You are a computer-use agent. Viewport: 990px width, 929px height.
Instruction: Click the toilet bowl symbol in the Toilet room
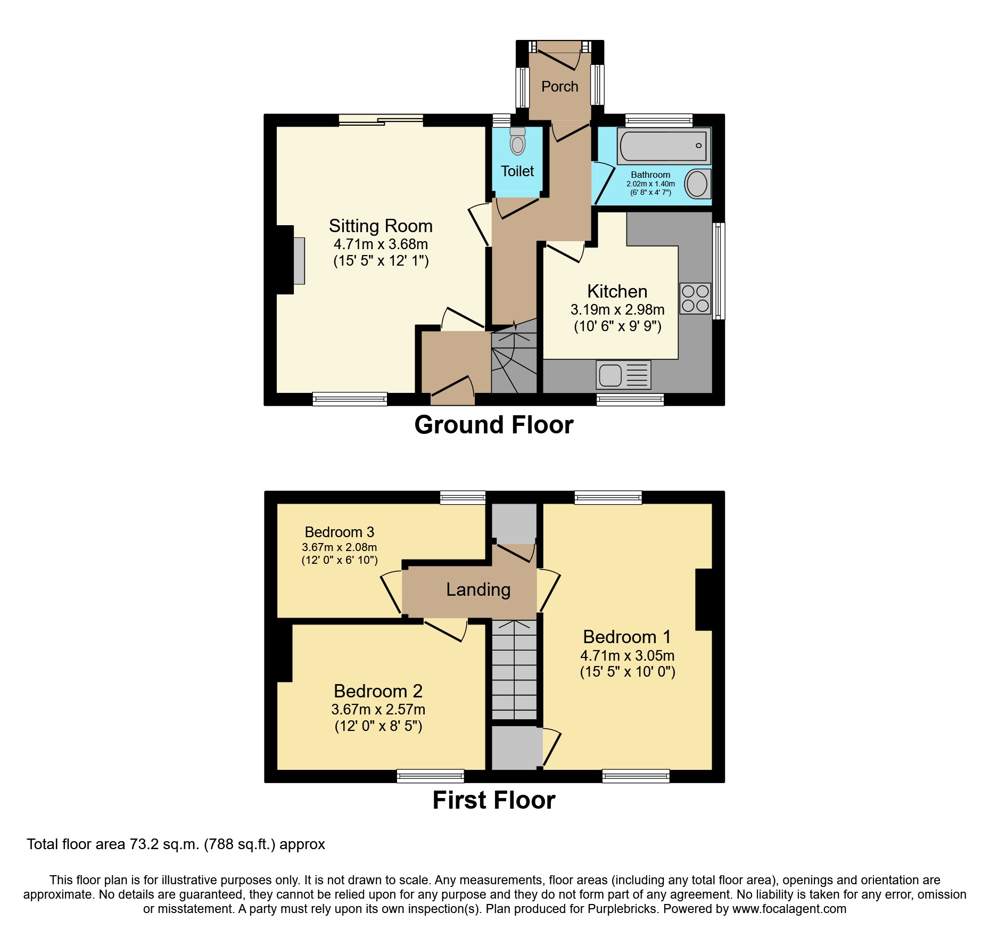click(x=517, y=143)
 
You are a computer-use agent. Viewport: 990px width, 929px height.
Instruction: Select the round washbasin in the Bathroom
click(x=697, y=184)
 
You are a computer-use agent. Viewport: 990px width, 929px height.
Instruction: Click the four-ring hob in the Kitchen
click(x=695, y=298)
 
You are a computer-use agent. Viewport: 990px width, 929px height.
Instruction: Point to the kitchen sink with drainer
click(x=623, y=375)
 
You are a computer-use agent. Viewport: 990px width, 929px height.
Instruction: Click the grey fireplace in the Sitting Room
click(x=299, y=260)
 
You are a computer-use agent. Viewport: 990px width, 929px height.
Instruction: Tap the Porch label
click(x=559, y=86)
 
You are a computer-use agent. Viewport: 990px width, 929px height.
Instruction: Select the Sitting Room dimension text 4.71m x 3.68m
click(x=381, y=244)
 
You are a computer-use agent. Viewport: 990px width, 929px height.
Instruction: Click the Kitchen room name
click(x=617, y=291)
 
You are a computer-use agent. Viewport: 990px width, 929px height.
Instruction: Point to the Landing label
click(x=478, y=589)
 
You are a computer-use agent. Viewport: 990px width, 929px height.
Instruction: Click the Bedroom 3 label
click(x=339, y=532)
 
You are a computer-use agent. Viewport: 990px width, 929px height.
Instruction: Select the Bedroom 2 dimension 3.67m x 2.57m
click(x=378, y=709)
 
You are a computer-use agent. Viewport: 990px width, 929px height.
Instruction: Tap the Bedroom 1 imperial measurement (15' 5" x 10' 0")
click(x=627, y=672)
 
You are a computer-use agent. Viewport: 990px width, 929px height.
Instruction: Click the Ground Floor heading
click(x=493, y=425)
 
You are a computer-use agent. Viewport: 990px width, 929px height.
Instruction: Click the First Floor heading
click(x=493, y=800)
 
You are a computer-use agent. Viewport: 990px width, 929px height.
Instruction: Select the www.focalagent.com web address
click(x=789, y=909)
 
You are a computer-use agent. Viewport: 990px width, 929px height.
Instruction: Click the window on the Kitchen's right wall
click(x=719, y=270)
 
